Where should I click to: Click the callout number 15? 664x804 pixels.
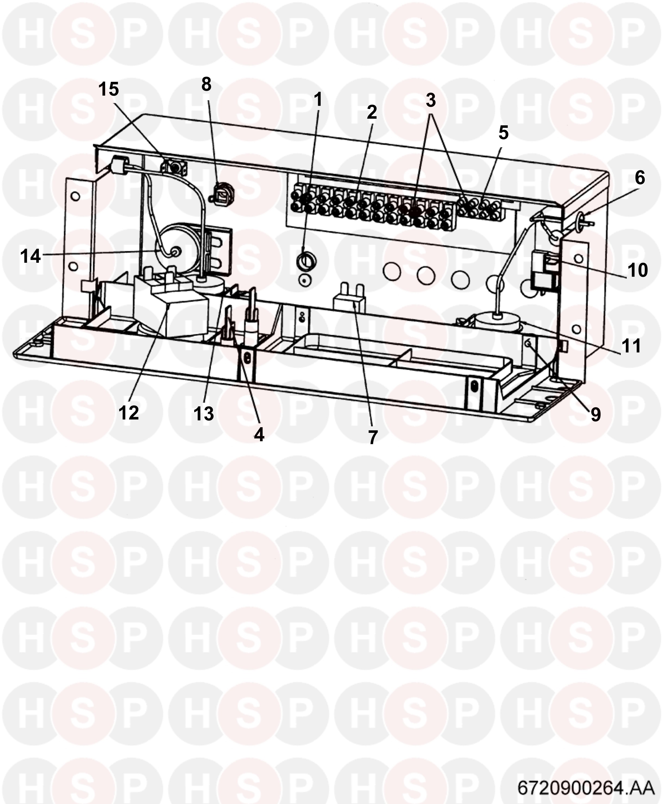click(109, 89)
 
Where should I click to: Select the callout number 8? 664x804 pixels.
click(206, 85)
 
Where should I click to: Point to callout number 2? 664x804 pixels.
click(371, 112)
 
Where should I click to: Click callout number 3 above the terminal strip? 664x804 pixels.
click(431, 100)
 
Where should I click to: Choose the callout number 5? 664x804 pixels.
click(503, 133)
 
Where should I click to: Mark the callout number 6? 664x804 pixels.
click(640, 178)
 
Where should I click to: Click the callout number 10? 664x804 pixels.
click(638, 270)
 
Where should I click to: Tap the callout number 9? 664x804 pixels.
click(596, 414)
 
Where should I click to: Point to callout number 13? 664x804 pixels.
click(203, 414)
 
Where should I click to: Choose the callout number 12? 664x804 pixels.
click(129, 413)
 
